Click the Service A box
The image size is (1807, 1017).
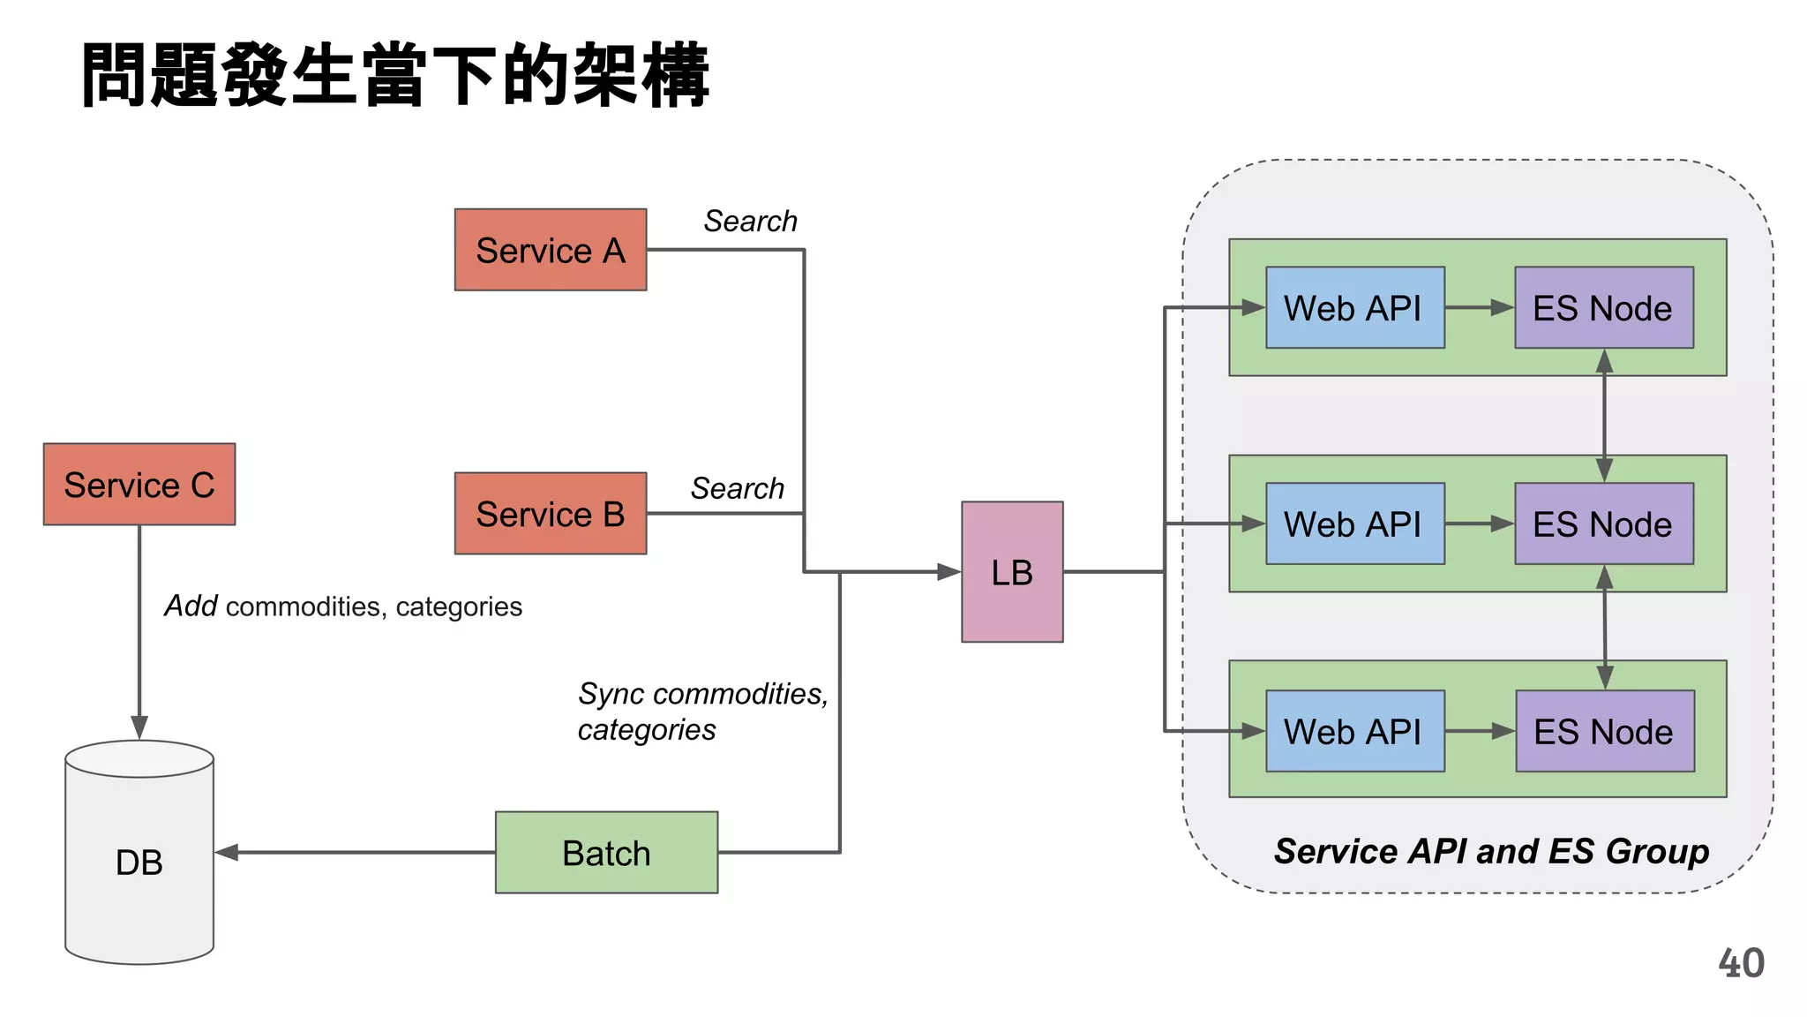click(x=551, y=250)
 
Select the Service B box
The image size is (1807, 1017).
click(x=551, y=514)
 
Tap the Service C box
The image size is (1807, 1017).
click(x=139, y=485)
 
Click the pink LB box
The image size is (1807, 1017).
click(x=1012, y=572)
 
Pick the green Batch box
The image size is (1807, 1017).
click(x=606, y=853)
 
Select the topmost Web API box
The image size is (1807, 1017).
click(x=1354, y=308)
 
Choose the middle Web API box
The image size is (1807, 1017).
click(x=1354, y=524)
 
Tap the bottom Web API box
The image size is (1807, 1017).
click(x=1354, y=732)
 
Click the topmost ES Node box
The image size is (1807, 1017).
click(x=1603, y=308)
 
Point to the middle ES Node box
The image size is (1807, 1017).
click(x=1603, y=524)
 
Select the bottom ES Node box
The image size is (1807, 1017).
click(x=1604, y=732)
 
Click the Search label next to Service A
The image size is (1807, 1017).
click(x=750, y=221)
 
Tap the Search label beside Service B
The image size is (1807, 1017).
click(x=737, y=488)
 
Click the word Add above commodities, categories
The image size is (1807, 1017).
click(x=191, y=606)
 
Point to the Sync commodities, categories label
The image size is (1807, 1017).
click(x=701, y=712)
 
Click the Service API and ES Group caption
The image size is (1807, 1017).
click(x=1491, y=851)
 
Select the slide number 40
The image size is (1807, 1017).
click(x=1741, y=963)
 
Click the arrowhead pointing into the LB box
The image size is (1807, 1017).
click(x=949, y=572)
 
